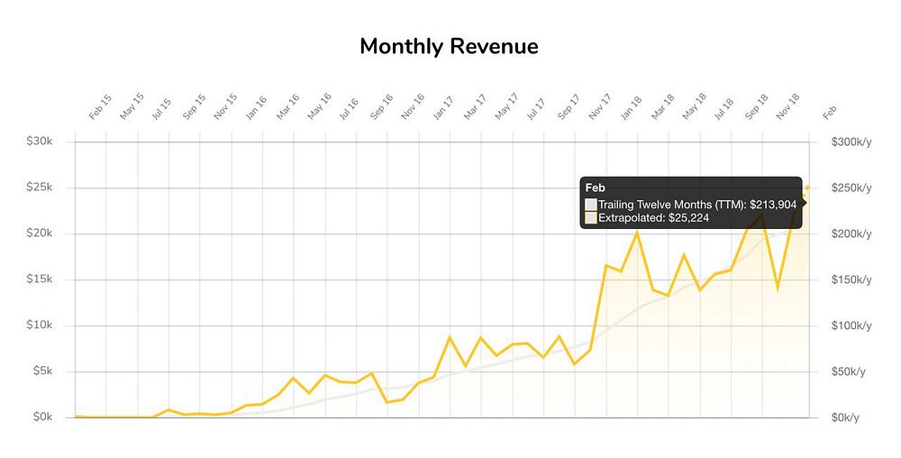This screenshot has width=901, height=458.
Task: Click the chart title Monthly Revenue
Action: pos(449,47)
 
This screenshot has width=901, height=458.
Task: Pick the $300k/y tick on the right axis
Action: pos(851,142)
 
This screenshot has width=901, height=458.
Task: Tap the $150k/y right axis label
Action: pos(851,279)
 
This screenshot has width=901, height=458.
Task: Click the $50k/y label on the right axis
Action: pos(849,371)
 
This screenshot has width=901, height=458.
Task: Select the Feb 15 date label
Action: pos(100,107)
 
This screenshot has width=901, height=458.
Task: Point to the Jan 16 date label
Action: pos(256,107)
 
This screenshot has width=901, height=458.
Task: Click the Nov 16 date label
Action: pos(413,107)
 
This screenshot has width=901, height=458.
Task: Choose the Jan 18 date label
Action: pos(631,107)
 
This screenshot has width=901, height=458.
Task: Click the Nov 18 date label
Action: pos(787,107)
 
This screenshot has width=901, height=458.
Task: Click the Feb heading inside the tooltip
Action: pos(596,188)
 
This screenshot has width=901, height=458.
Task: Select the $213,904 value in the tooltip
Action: pos(774,205)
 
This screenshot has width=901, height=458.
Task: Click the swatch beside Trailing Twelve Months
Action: pos(591,205)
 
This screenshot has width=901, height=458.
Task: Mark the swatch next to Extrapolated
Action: pos(591,218)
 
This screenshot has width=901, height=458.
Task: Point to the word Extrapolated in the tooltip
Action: pos(631,218)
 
